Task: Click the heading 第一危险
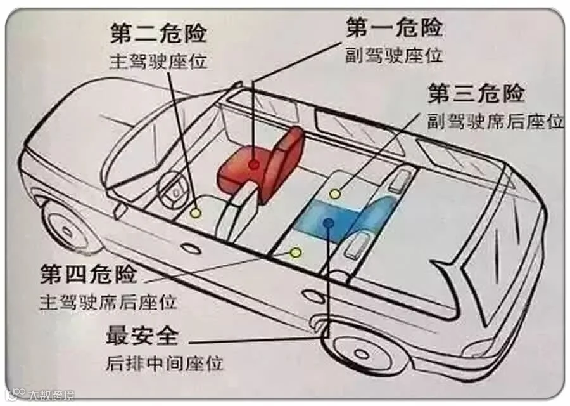[393, 28]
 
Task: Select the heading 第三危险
[476, 93]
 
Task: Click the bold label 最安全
[142, 336]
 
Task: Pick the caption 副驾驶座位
[393, 55]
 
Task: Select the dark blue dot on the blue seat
[328, 222]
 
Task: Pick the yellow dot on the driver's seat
[196, 213]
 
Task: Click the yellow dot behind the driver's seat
[295, 252]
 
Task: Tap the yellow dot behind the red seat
[335, 193]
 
